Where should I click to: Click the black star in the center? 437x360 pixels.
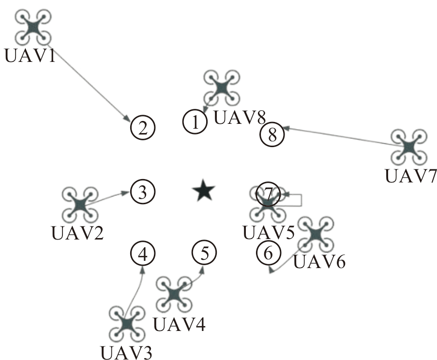click(204, 190)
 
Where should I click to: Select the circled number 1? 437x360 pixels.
click(195, 122)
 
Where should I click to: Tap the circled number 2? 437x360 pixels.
click(143, 128)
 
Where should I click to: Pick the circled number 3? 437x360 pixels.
click(143, 192)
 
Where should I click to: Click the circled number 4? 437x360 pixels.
click(143, 253)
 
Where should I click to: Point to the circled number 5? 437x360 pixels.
click(204, 253)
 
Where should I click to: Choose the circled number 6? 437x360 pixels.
click(269, 253)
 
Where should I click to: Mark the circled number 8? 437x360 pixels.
click(272, 135)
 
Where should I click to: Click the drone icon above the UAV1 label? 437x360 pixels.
click(33, 27)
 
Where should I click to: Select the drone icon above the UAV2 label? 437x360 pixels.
click(80, 205)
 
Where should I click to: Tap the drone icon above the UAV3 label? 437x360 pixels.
click(127, 324)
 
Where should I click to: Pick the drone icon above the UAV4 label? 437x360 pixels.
click(174, 294)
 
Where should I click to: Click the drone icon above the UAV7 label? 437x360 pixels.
click(409, 147)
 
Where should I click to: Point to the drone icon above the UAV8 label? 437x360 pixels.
click(222, 88)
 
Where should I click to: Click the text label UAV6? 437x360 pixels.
click(319, 262)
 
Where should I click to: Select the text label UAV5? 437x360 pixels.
click(269, 233)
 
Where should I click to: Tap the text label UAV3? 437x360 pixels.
click(126, 353)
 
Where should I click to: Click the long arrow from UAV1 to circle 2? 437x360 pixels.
click(89, 82)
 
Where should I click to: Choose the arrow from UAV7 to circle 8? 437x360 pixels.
click(343, 136)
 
